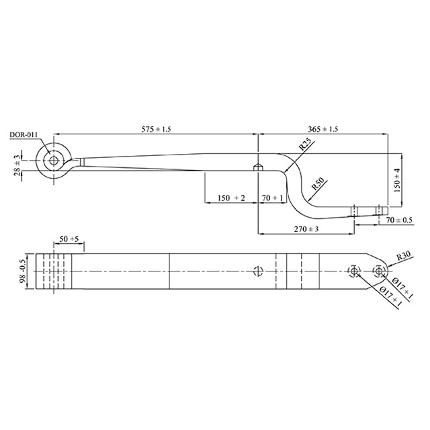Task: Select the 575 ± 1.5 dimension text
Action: click(154, 129)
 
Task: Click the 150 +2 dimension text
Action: click(230, 198)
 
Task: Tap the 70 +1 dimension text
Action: click(272, 198)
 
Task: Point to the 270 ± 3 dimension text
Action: click(306, 229)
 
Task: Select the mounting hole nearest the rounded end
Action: click(378, 271)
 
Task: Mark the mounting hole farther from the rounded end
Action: click(353, 271)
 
